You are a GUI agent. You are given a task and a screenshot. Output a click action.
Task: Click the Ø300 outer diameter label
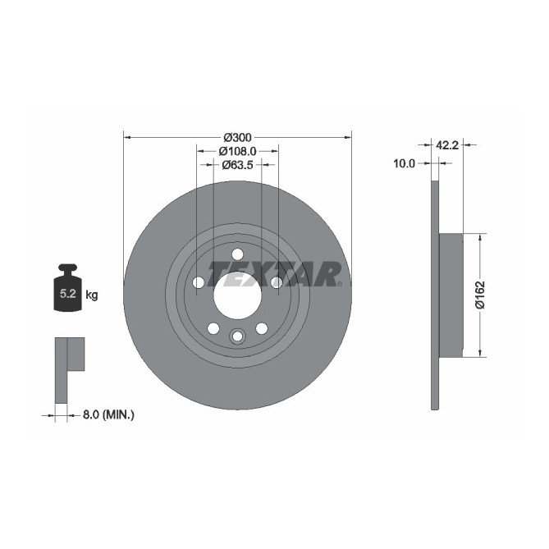[x=237, y=137]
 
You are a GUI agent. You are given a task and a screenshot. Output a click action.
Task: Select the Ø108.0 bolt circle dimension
[x=238, y=151]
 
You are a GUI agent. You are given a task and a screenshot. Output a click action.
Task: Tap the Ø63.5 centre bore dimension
[x=236, y=165]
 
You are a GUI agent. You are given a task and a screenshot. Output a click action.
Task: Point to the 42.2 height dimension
[x=446, y=145]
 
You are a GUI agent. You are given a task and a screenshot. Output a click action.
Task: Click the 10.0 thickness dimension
[x=405, y=164]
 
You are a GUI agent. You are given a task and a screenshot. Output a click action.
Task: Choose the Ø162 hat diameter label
[x=481, y=295]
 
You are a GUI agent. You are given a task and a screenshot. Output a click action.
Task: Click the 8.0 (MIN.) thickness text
[x=108, y=415]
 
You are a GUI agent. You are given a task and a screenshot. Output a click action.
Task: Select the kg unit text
[x=92, y=295]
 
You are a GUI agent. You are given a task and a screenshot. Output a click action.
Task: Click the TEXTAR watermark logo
[x=274, y=273]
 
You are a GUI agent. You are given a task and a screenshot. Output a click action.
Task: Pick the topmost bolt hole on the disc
[x=237, y=254]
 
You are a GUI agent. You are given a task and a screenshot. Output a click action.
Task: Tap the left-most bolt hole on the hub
[x=198, y=283]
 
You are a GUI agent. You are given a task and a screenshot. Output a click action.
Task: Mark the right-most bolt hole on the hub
[x=277, y=283]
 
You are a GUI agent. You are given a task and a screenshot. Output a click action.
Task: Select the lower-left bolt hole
[x=213, y=328]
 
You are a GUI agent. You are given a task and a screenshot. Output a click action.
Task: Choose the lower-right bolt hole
[x=262, y=328]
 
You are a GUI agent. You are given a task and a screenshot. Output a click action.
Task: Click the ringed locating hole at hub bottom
[x=237, y=336]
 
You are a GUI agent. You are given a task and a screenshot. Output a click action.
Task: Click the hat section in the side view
[x=451, y=295]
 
